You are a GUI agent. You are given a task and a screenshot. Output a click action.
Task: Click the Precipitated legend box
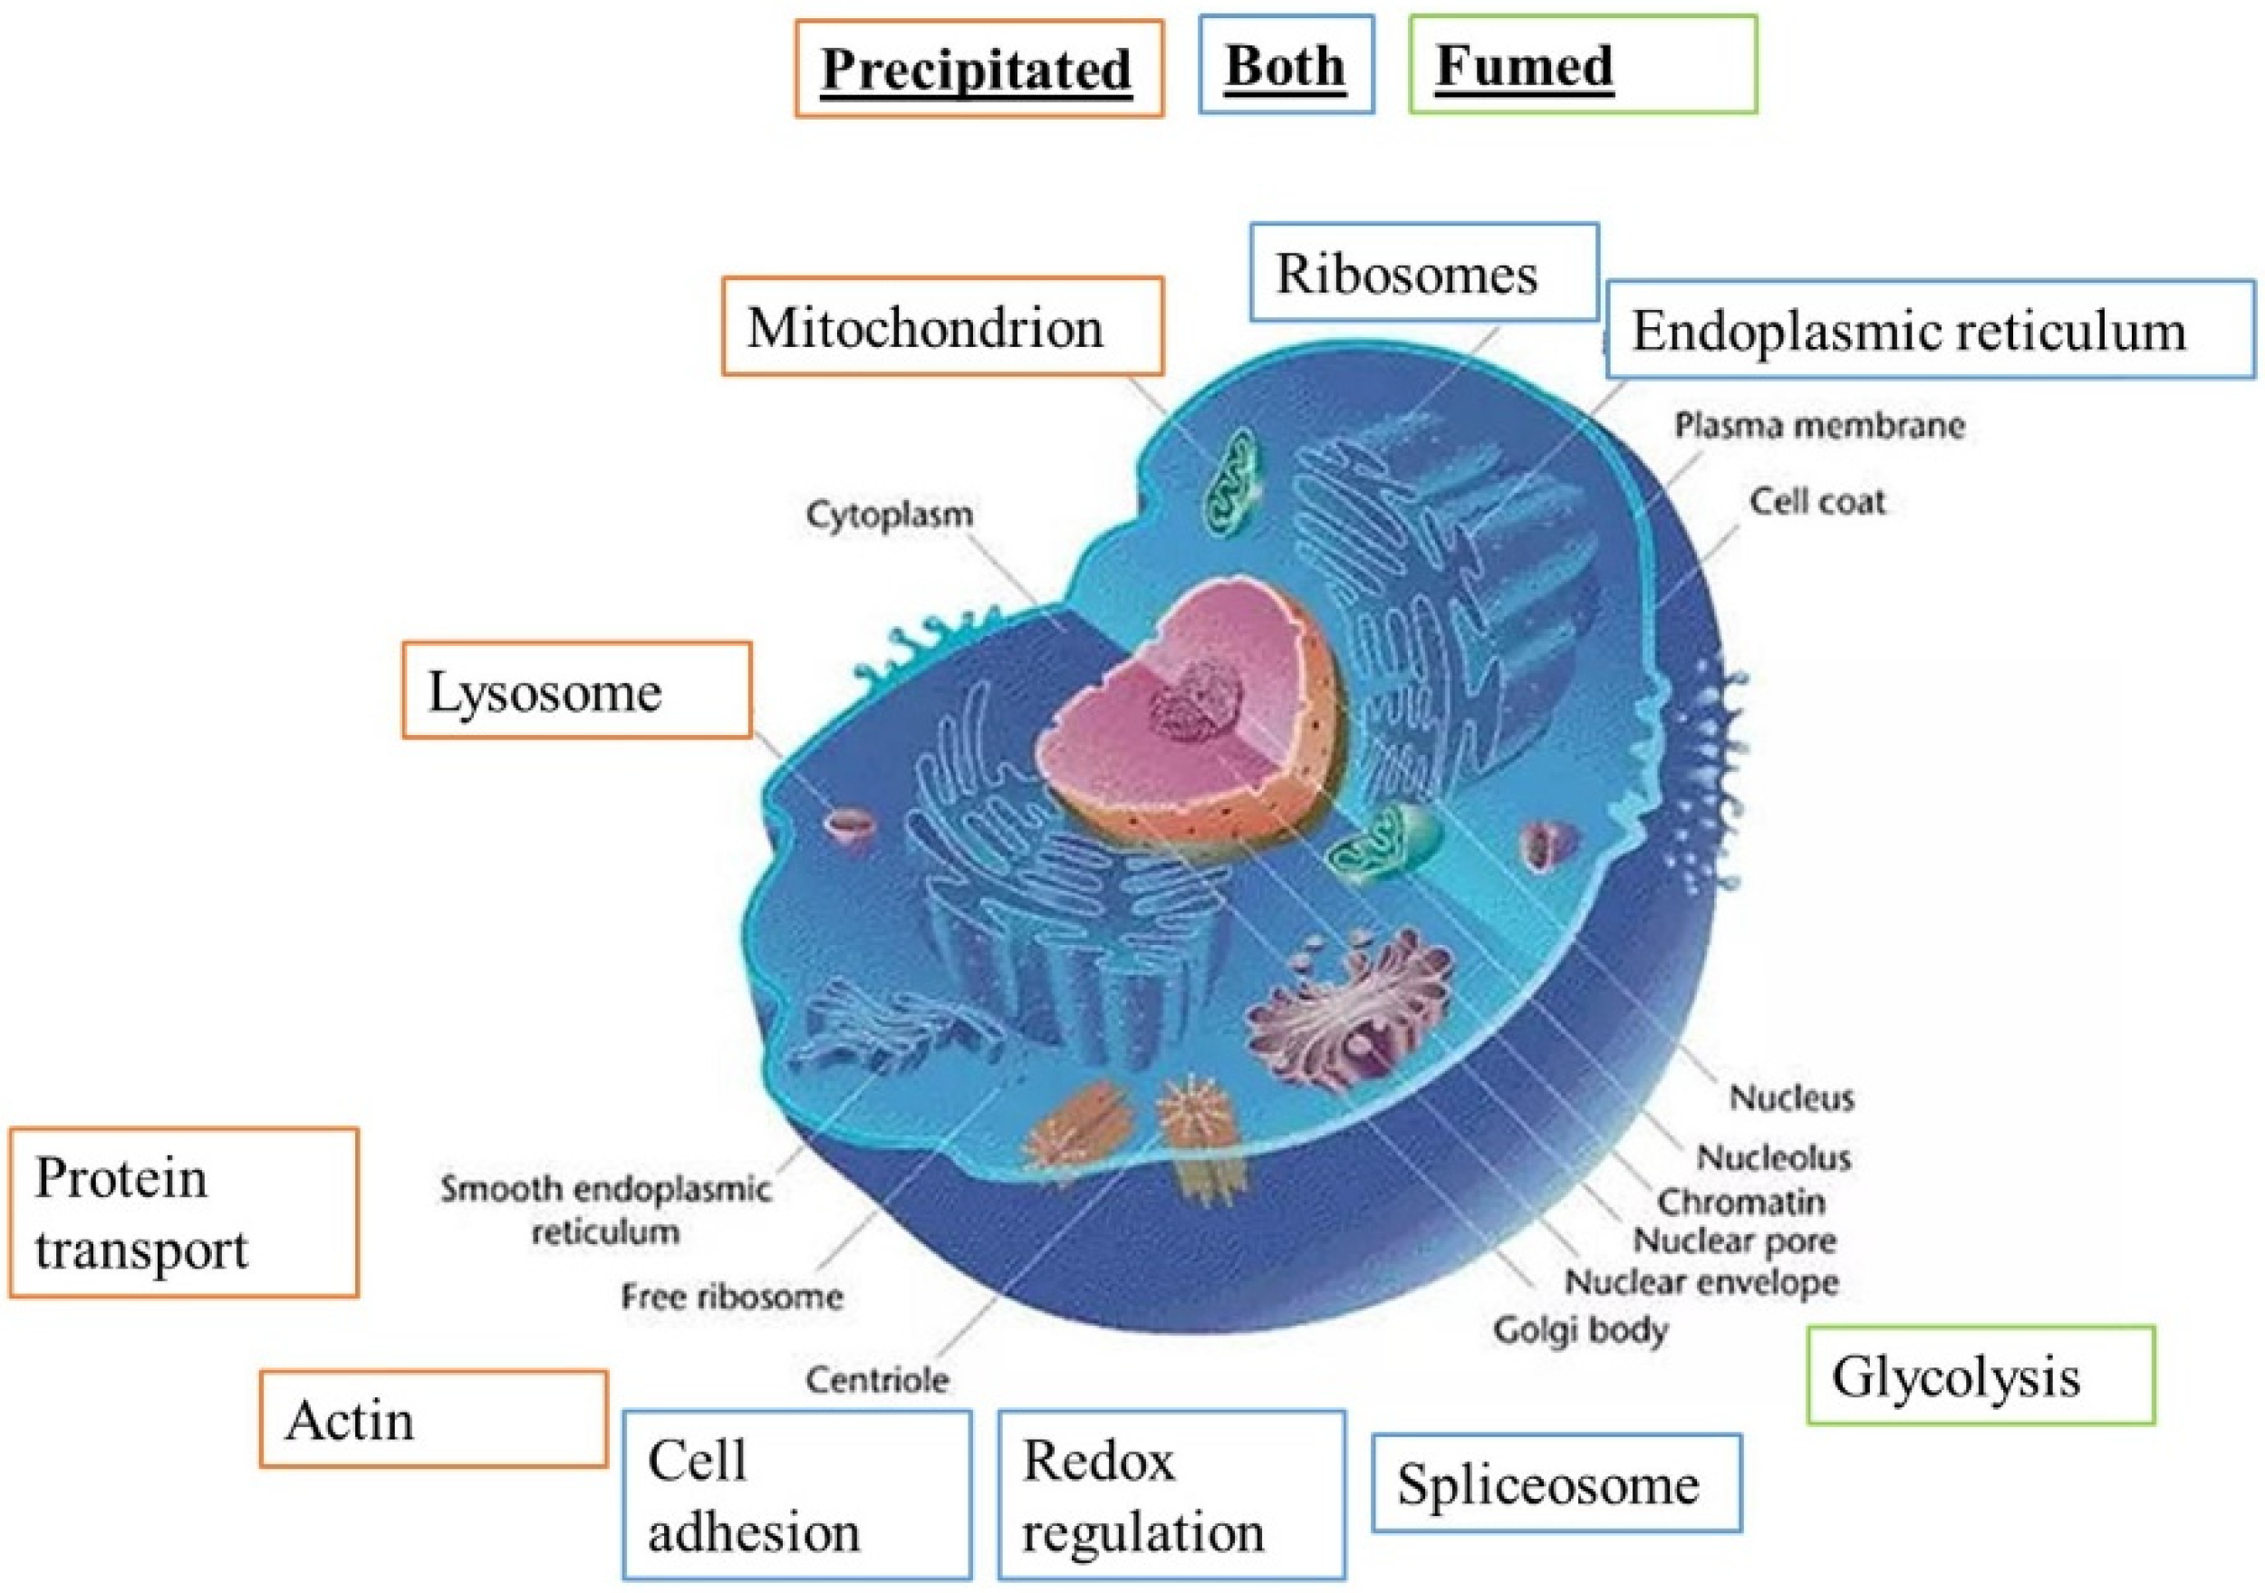(x=978, y=69)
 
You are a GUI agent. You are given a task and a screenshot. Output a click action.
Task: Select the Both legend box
(x=1286, y=65)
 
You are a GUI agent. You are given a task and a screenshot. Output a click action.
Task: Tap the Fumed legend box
(x=1583, y=65)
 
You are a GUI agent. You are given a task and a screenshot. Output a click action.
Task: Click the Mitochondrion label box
(x=942, y=326)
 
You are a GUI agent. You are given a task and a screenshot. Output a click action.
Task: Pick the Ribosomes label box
(x=1423, y=274)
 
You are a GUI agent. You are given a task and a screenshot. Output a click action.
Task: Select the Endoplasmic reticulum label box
(x=1929, y=331)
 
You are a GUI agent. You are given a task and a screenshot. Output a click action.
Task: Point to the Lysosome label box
(x=576, y=690)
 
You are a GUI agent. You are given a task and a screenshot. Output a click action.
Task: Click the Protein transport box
(x=184, y=1212)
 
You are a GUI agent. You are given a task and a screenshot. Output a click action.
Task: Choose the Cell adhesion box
(x=796, y=1494)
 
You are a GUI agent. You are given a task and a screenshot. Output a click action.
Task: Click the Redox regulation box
(x=1171, y=1494)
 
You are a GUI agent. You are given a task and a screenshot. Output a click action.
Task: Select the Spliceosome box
(x=1556, y=1483)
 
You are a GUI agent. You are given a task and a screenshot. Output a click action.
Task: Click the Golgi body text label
(x=1580, y=1329)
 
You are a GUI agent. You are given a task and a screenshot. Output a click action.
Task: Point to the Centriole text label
(x=877, y=1379)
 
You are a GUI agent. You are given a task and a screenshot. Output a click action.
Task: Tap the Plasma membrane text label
(x=1819, y=425)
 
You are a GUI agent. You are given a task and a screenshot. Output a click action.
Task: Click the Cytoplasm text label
(x=890, y=514)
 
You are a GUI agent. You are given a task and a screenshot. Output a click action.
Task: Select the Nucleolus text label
(x=1773, y=1157)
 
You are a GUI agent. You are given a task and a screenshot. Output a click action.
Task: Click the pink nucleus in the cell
(x=1184, y=720)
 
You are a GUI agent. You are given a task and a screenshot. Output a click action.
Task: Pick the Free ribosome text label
(x=732, y=1296)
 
